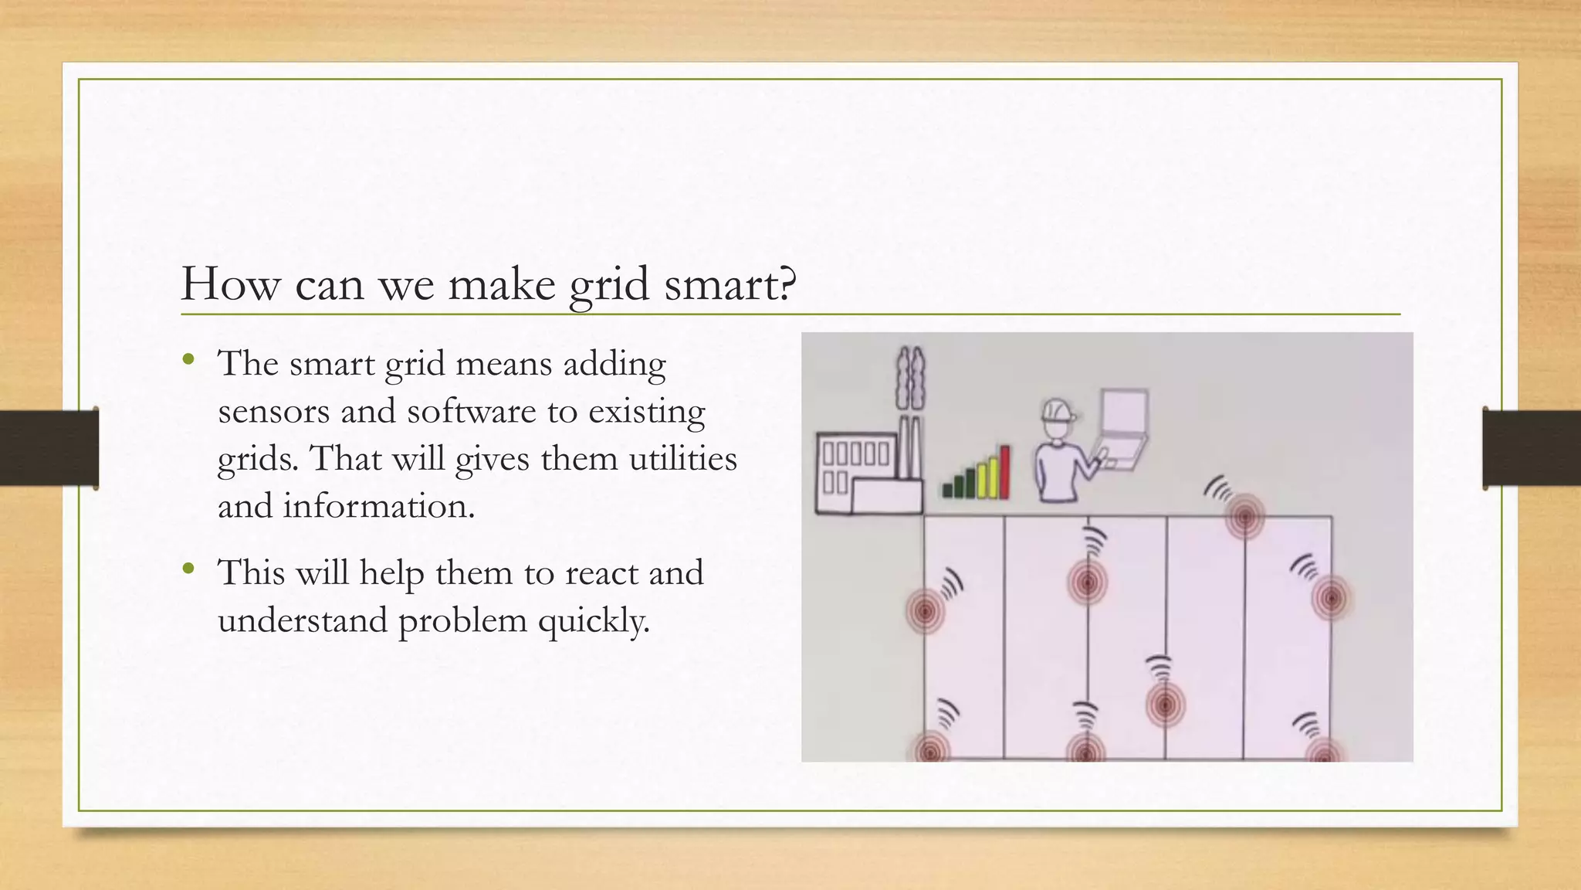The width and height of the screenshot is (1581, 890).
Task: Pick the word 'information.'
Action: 378,507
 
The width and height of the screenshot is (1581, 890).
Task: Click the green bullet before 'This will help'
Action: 189,570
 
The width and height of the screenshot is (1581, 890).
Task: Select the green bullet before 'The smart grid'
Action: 189,359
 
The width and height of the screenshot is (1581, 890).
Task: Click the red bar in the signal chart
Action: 1004,471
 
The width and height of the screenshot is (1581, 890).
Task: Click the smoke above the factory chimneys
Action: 910,379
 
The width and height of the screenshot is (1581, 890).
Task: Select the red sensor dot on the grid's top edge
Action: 1244,516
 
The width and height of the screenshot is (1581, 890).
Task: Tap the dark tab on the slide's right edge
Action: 1532,448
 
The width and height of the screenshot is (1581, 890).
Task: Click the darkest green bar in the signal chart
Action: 947,489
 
